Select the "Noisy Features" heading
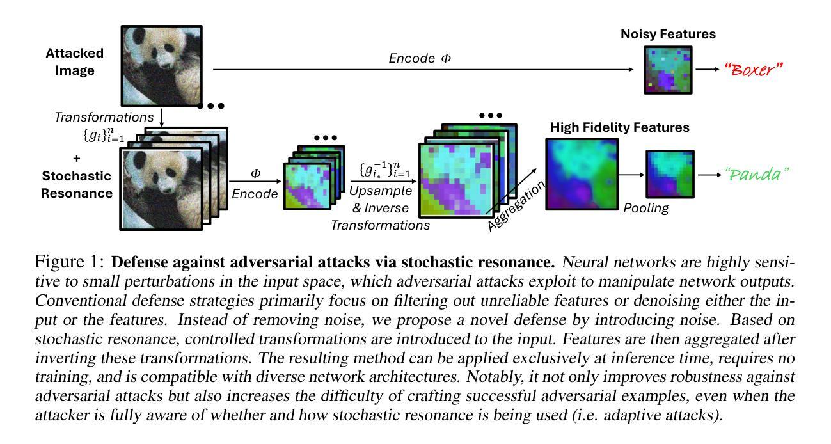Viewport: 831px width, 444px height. [668, 34]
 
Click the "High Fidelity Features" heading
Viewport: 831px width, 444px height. [619, 127]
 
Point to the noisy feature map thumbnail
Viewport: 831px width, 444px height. [668, 70]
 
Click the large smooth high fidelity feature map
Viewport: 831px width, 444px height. [582, 174]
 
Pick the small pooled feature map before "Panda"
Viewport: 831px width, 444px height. [669, 174]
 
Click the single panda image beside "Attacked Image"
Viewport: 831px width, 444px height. [161, 65]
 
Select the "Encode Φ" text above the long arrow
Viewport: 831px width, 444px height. [420, 58]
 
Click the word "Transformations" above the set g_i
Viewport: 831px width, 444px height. [104, 117]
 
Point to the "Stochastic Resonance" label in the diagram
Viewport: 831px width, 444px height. [77, 184]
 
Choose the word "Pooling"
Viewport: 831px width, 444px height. [646, 208]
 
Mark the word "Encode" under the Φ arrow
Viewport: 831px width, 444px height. [255, 194]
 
